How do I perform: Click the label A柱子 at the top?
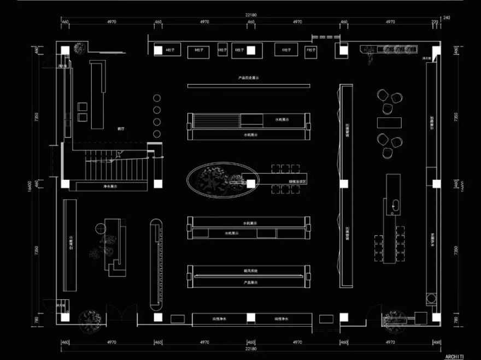pos(171,49)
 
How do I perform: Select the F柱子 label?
pos(312,50)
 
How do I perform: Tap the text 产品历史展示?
pos(248,78)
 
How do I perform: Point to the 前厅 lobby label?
pos(121,129)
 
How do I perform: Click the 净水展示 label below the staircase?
pos(111,186)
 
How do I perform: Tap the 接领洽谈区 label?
pos(283,182)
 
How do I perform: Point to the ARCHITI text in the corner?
pos(455,356)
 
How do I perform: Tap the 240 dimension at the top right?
pos(447,18)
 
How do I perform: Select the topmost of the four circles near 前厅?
pos(157,98)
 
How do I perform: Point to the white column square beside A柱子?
pos(159,50)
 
